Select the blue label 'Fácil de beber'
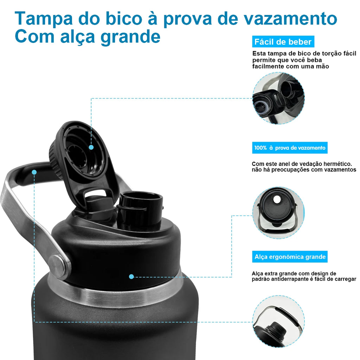click(283, 42)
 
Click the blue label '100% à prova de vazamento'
click(290, 148)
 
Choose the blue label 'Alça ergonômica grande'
click(290, 257)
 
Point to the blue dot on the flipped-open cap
click(91, 147)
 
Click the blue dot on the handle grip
click(34, 172)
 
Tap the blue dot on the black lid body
click(131, 277)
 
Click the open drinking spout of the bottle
click(140, 210)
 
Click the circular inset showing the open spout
click(278, 98)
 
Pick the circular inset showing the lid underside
click(278, 213)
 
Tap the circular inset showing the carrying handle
click(278, 321)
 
